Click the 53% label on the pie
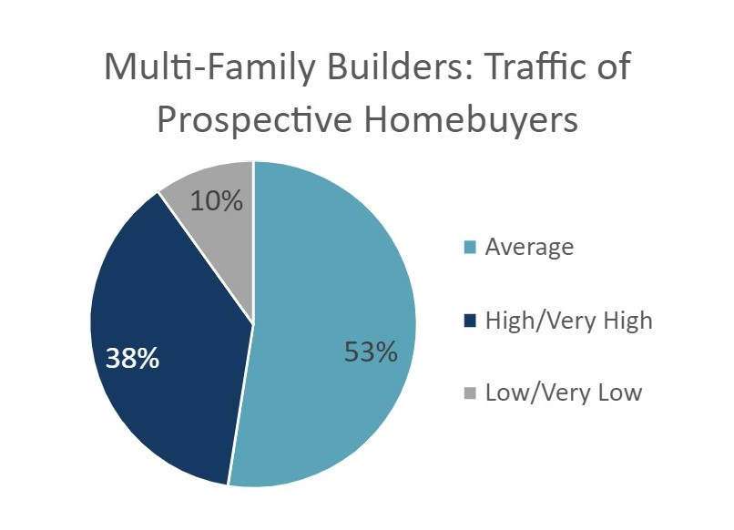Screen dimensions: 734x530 pyautogui.click(x=371, y=352)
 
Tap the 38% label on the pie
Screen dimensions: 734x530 pyautogui.click(x=132, y=358)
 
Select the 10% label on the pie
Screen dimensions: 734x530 pyautogui.click(x=217, y=200)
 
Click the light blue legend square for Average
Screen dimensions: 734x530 pyautogui.click(x=470, y=247)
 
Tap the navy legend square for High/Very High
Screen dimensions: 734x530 pyautogui.click(x=470, y=321)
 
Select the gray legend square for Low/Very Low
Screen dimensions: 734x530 pyautogui.click(x=470, y=393)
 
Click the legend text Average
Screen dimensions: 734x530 pyautogui.click(x=529, y=247)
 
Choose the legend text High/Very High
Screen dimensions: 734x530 pyautogui.click(x=569, y=321)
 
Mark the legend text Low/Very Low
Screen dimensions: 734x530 pyautogui.click(x=564, y=392)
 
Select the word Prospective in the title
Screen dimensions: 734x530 pyautogui.click(x=255, y=120)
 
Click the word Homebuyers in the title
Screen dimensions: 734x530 pyautogui.click(x=471, y=120)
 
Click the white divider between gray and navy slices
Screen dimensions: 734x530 pyautogui.click(x=206, y=258)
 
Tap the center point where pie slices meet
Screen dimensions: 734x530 pyautogui.click(x=253, y=323)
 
